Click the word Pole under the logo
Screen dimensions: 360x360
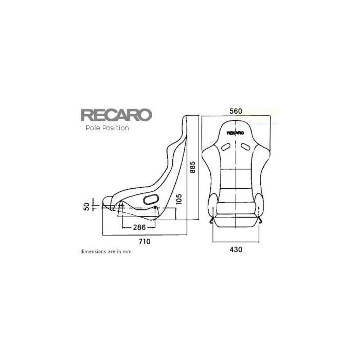pyautogui.click(x=93, y=128)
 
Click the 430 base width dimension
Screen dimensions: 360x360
pyautogui.click(x=236, y=249)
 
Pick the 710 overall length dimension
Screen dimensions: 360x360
pyautogui.click(x=145, y=241)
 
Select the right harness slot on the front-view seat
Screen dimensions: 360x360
pyautogui.click(x=247, y=148)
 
